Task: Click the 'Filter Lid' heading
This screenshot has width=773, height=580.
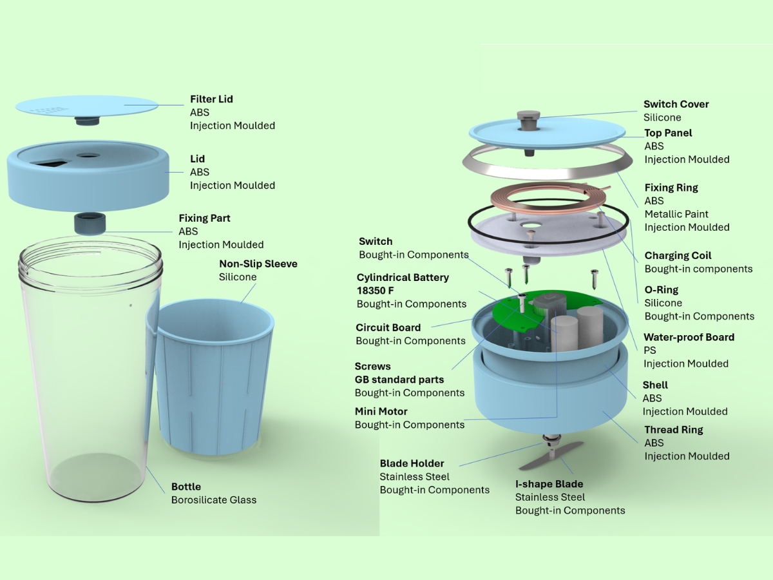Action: tap(211, 99)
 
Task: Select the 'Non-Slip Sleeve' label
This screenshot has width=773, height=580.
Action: tap(258, 264)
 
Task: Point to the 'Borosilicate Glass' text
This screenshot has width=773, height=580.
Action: tap(213, 499)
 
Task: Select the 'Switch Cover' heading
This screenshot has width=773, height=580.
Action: tap(676, 104)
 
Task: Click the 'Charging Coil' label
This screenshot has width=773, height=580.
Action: tap(678, 255)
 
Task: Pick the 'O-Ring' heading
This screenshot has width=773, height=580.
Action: tap(661, 289)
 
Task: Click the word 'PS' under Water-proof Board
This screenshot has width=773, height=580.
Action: tap(649, 350)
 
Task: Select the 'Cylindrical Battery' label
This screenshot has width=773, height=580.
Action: tap(403, 277)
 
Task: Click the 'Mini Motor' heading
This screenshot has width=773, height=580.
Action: tap(381, 411)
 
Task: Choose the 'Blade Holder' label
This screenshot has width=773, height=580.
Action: tap(412, 463)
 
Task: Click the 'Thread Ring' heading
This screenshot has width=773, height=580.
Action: tap(673, 429)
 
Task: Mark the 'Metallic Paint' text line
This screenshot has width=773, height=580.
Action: tap(676, 214)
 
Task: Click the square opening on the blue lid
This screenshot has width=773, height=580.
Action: tap(50, 163)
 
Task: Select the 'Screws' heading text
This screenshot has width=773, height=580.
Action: tap(372, 366)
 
